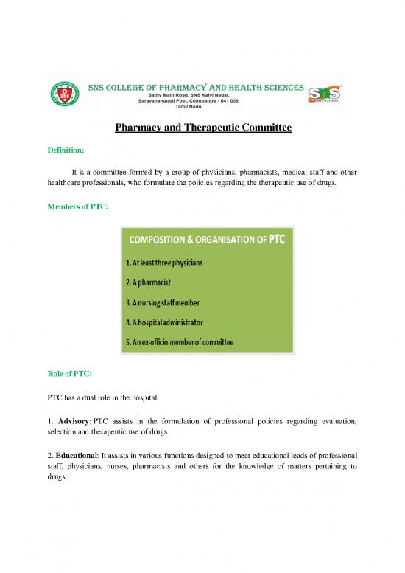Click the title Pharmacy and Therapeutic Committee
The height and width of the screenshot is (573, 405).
[203, 128]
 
